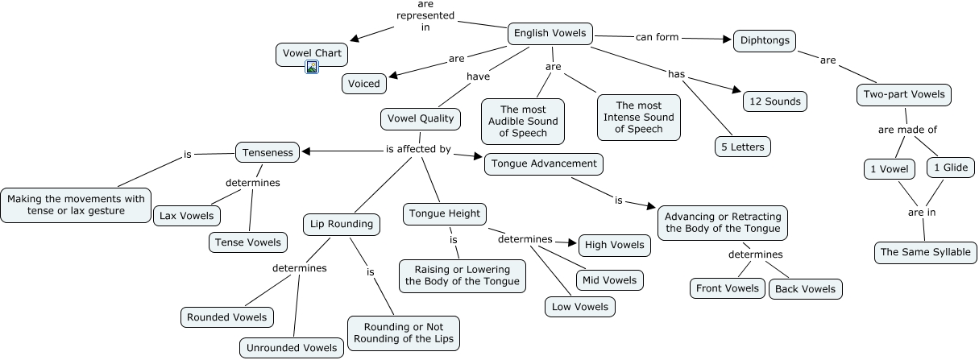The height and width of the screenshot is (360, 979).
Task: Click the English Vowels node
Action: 550,34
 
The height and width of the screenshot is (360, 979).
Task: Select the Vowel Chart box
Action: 313,54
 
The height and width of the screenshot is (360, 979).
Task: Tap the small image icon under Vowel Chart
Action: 313,68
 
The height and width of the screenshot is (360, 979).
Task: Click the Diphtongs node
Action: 765,41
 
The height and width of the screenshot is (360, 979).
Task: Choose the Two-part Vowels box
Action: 903,95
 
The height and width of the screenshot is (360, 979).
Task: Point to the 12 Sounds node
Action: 774,101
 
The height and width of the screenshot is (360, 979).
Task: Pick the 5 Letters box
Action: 742,147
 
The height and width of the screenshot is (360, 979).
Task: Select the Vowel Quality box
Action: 420,118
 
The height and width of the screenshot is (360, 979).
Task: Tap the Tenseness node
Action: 268,151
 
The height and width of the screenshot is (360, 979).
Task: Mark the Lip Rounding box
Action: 342,224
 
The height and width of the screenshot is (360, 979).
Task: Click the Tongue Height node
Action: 445,213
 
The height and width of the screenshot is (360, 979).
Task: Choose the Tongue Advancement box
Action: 544,163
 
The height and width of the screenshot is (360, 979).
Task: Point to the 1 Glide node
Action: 951,168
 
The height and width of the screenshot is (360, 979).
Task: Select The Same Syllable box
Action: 926,252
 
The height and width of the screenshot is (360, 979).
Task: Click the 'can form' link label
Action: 658,37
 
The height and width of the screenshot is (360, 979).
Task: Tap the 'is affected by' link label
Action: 418,149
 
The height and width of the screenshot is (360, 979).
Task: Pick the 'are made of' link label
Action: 907,130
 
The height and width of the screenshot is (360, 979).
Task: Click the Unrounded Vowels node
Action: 291,348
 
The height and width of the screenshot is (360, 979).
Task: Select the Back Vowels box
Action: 805,289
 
